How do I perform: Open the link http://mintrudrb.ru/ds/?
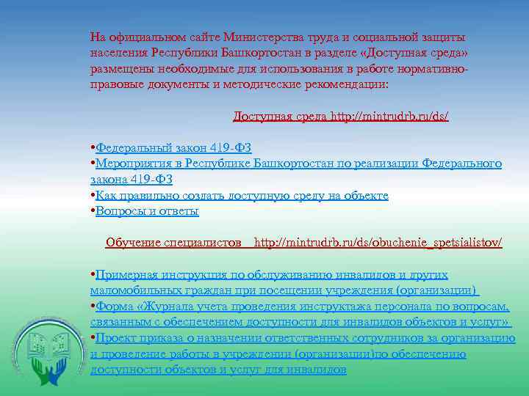tap(389, 116)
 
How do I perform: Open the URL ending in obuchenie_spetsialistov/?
tap(378, 243)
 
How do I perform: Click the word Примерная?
tap(127, 274)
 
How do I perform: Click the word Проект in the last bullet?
tap(115, 338)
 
